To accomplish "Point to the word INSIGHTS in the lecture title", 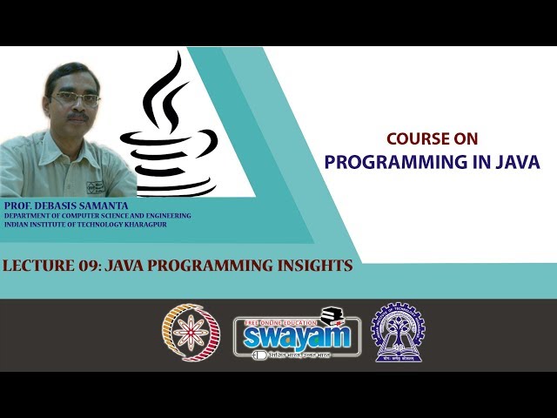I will click(309, 266).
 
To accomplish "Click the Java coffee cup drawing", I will click(171, 157).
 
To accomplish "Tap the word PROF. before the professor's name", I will click(19, 205).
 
